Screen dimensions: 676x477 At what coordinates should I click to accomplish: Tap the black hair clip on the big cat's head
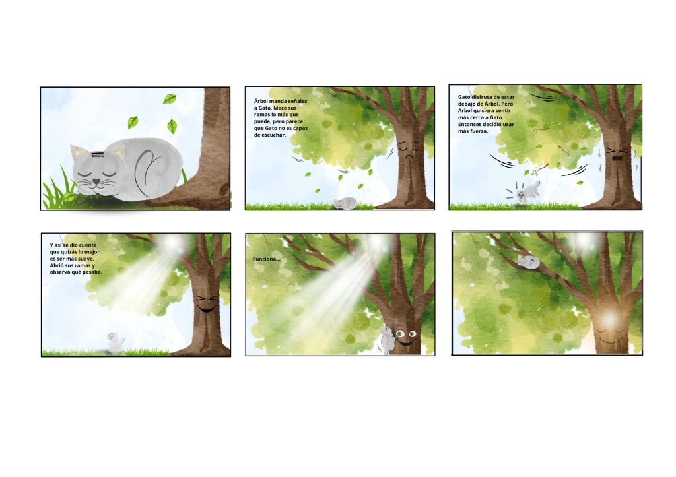(98, 154)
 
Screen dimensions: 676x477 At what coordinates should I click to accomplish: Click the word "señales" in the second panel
(297, 101)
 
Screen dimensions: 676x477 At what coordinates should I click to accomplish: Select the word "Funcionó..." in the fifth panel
(267, 259)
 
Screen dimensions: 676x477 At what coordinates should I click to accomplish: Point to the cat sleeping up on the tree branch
(529, 261)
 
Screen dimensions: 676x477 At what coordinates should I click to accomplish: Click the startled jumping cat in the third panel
(527, 191)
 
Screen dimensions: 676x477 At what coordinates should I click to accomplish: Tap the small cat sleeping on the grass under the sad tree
(346, 203)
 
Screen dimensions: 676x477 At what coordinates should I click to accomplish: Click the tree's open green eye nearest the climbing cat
(401, 333)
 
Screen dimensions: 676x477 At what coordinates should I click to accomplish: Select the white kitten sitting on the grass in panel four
(115, 342)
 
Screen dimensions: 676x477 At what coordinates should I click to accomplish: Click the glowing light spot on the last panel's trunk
(609, 319)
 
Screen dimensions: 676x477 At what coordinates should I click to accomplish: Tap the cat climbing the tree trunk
(386, 340)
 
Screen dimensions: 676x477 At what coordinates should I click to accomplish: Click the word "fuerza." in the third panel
(479, 131)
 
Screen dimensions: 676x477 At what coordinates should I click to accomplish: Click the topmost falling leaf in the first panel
(170, 99)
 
